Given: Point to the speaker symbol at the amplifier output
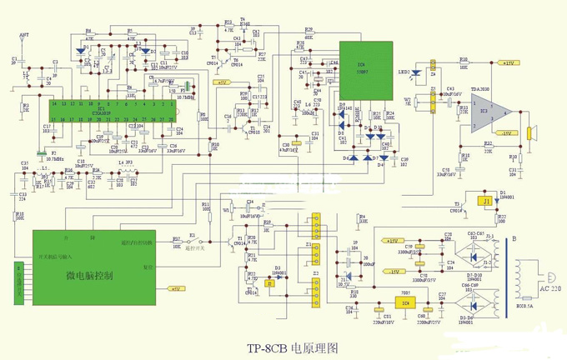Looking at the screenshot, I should point(529,134).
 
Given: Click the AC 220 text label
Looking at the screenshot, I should point(547,288).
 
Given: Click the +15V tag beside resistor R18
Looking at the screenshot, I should point(506,62).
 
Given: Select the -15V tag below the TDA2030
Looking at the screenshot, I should point(505,133).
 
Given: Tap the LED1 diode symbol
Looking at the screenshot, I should point(411,72).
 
